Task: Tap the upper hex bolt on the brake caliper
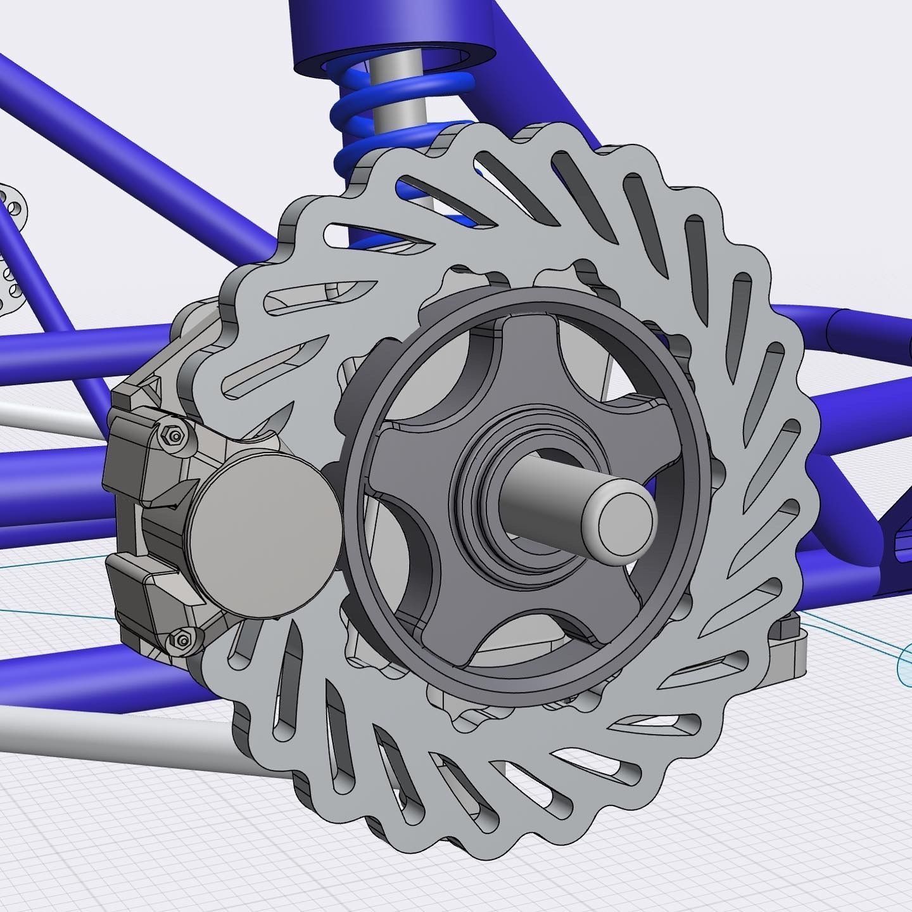175,435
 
